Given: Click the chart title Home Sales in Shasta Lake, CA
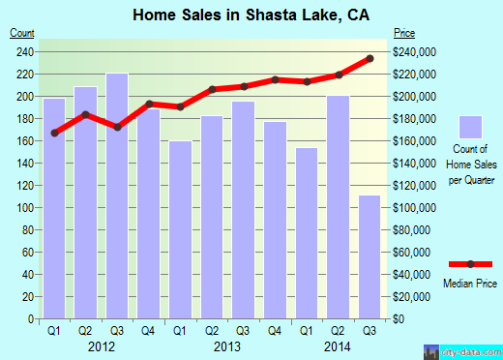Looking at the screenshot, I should pyautogui.click(x=251, y=14).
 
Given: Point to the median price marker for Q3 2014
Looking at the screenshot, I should pyautogui.click(x=369, y=59).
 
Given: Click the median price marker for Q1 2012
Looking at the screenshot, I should pyautogui.click(x=54, y=133).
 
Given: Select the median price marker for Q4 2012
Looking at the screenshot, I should pyautogui.click(x=149, y=104).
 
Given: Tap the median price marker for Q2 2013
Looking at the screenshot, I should pyautogui.click(x=212, y=89).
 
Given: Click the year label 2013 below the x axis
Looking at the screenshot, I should pyautogui.click(x=227, y=345).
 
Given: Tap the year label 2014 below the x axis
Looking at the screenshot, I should pyautogui.click(x=337, y=345).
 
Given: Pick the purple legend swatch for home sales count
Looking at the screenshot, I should pyautogui.click(x=471, y=127).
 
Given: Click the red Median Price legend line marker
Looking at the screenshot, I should pyautogui.click(x=470, y=264).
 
